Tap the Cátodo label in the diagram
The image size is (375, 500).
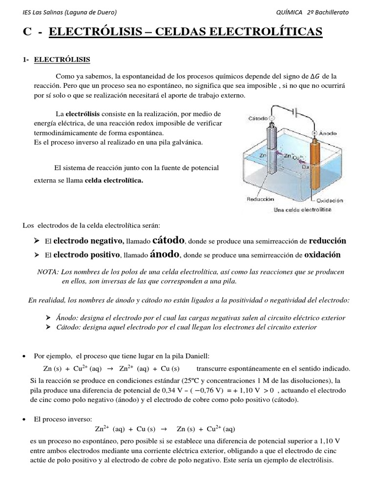[257, 118]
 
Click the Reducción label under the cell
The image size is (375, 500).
[260, 199]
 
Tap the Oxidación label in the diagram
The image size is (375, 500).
[330, 200]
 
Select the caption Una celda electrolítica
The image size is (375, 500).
[303, 209]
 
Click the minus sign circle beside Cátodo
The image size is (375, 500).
[271, 118]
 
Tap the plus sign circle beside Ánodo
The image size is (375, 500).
[315, 132]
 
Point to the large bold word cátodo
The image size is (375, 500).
[168, 240]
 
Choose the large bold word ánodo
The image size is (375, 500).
[165, 254]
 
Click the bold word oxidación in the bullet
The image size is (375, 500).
[322, 255]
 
